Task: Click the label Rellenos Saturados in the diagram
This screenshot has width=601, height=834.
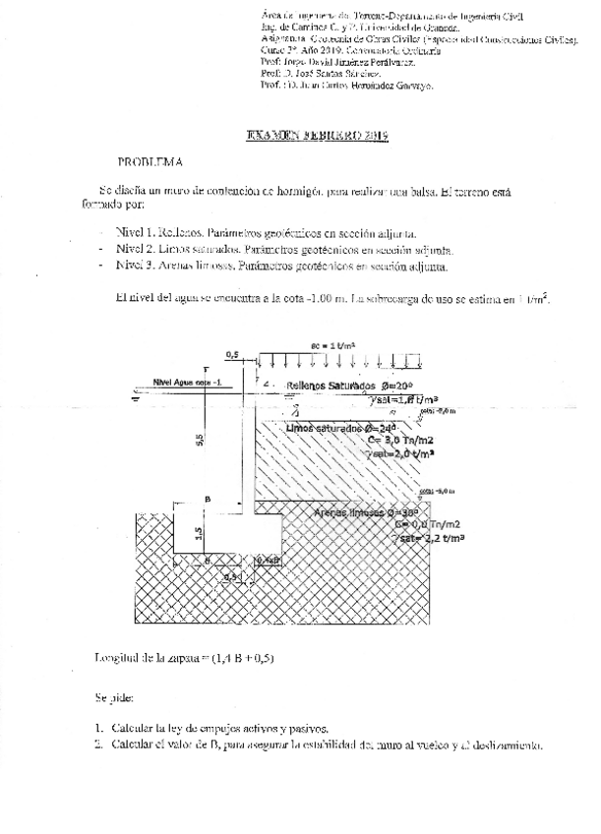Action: tap(331, 385)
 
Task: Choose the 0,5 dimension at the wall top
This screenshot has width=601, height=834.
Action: tap(231, 352)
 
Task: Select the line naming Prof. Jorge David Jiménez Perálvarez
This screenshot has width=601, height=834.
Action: tap(338, 63)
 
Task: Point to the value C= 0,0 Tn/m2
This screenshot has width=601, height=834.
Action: tap(427, 525)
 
